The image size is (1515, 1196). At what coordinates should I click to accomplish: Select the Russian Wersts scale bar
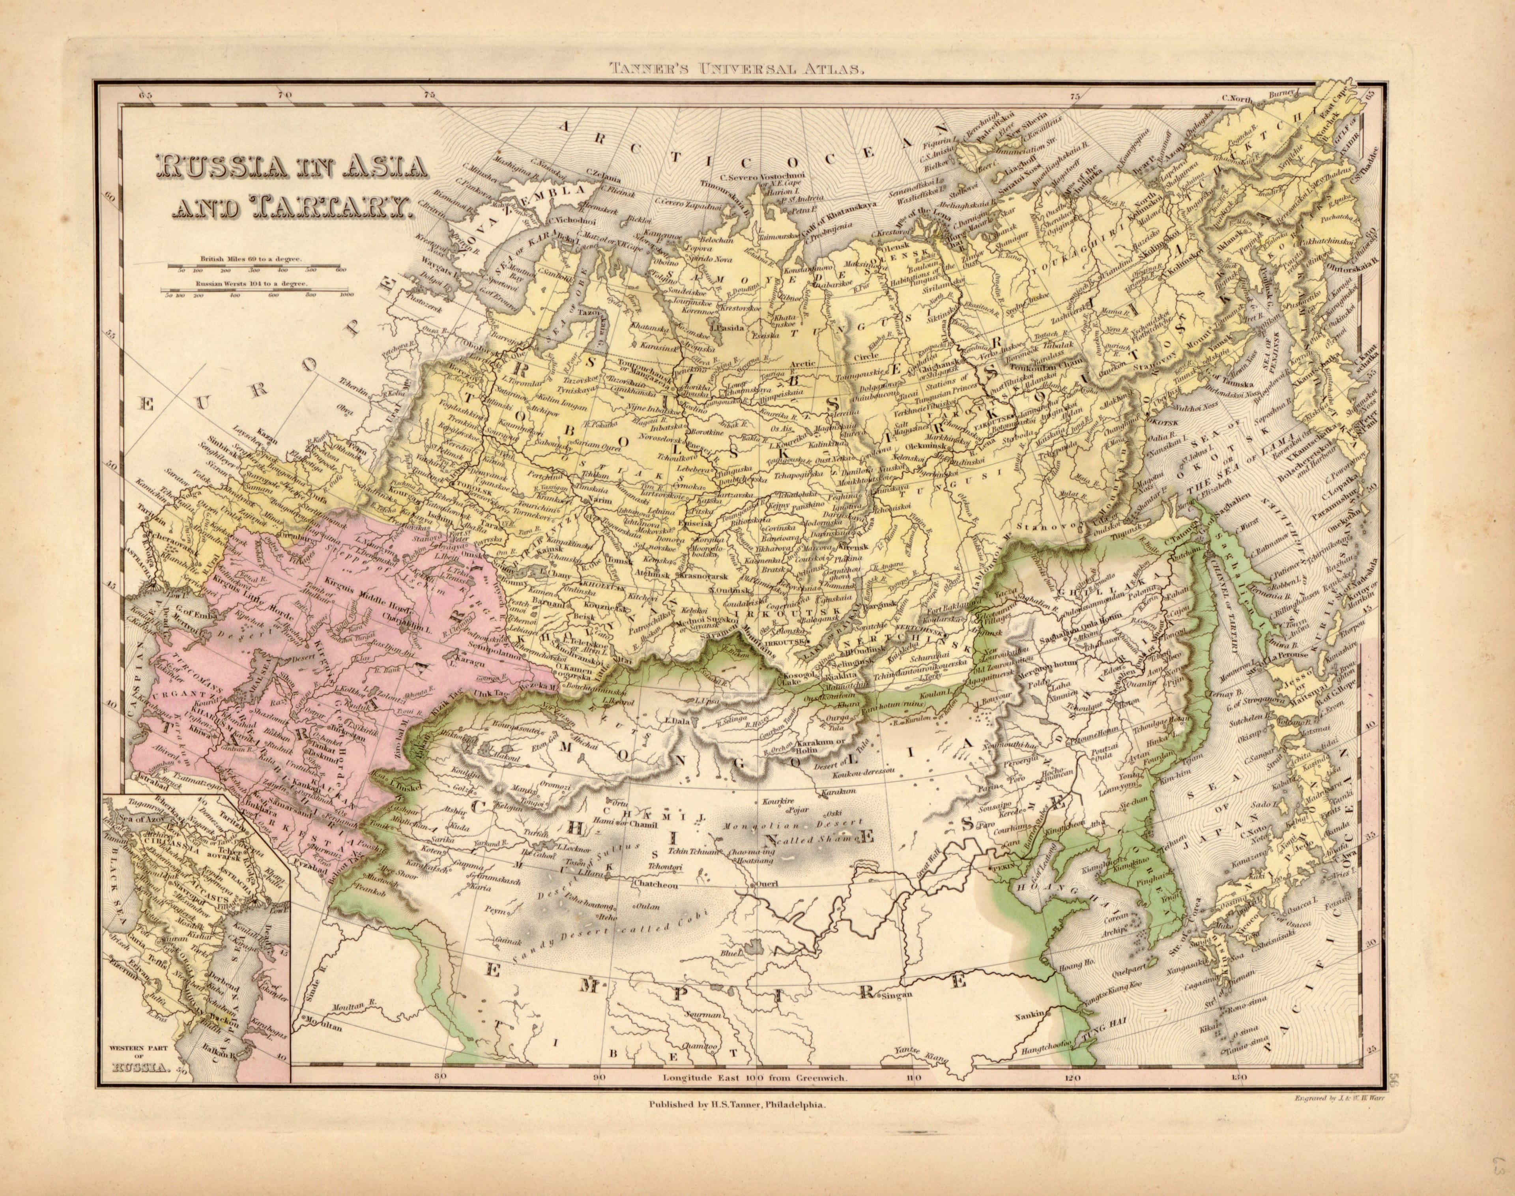point(256,289)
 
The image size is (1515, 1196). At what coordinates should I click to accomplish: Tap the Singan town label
point(898,995)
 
